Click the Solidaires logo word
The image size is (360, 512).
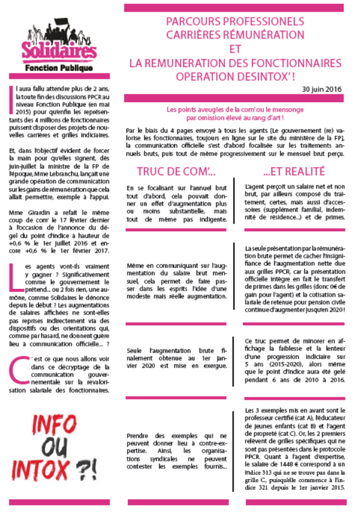tap(59, 50)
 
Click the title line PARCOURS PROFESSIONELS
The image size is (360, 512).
tap(235, 22)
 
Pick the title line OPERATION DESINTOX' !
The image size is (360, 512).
tap(235, 77)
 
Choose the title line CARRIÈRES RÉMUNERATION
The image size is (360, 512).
tap(235, 35)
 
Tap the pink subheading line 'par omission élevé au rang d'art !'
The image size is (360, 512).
tap(235, 118)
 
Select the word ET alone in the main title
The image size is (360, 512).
tap(235, 49)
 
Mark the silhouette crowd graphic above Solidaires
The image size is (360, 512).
tap(59, 31)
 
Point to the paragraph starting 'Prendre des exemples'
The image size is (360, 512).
tap(177, 450)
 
